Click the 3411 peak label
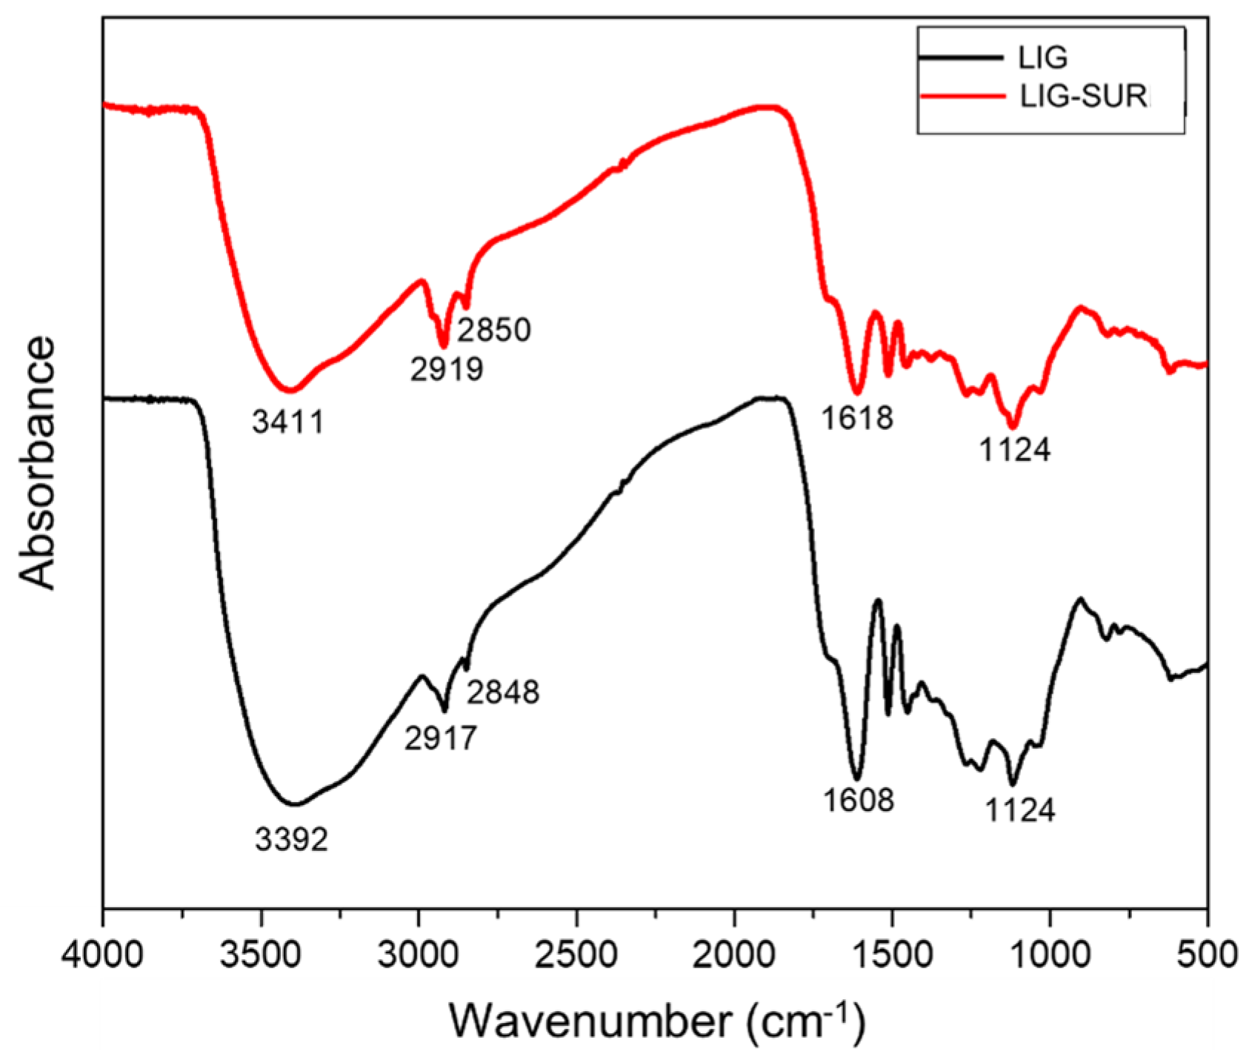(288, 423)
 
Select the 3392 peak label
(291, 840)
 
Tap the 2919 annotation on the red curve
(447, 368)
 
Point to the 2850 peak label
(494, 330)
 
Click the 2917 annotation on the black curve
(441, 738)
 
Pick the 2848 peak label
(503, 692)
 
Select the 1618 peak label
(857, 419)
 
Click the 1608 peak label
(859, 800)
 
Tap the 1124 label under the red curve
(1015, 450)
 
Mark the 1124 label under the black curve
(1019, 811)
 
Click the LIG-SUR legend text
(1083, 96)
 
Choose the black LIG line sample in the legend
(961, 57)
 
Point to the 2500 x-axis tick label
(576, 954)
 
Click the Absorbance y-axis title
(39, 463)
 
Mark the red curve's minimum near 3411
(290, 389)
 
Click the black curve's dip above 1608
(857, 778)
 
